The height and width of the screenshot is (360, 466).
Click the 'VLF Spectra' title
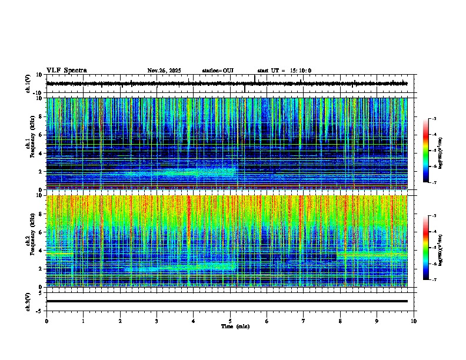(66, 71)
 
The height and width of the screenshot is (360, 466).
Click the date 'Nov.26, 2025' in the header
(164, 71)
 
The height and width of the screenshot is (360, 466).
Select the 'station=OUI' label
(218, 71)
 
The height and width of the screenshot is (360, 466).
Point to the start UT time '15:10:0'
(299, 71)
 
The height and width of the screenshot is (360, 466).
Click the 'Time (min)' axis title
(235, 326)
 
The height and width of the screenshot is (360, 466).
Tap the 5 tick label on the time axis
(230, 321)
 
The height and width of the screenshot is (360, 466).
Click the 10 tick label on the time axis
(414, 321)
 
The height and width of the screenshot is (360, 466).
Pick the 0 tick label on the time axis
(46, 321)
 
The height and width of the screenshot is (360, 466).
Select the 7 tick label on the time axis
(304, 321)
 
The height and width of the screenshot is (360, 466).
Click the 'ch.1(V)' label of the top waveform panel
(28, 84)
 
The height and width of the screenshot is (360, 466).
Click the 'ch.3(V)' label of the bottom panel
(28, 301)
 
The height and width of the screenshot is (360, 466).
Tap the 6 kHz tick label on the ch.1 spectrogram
(41, 135)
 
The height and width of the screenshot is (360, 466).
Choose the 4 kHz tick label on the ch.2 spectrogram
(41, 250)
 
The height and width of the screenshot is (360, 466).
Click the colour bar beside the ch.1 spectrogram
(425, 151)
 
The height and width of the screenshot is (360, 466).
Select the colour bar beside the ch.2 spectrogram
(425, 248)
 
